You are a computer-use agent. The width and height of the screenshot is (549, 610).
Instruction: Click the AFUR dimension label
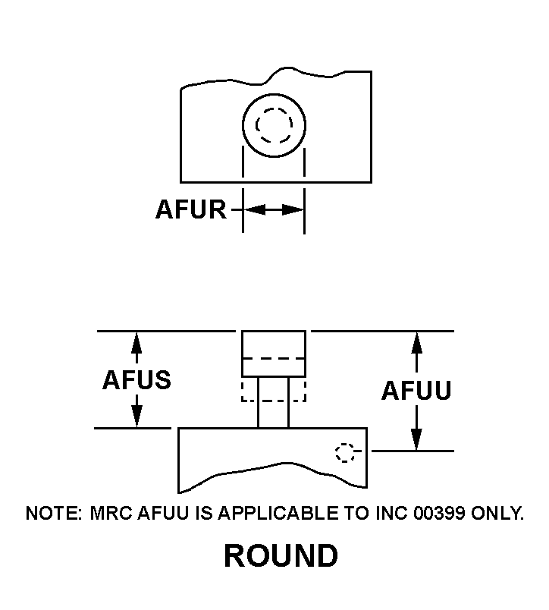pos(190,209)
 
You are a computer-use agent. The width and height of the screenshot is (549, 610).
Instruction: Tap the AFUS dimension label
pos(136,380)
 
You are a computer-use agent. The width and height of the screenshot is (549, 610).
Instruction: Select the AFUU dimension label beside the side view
pos(416,391)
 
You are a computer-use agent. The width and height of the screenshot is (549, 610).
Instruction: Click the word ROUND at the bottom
pos(281,557)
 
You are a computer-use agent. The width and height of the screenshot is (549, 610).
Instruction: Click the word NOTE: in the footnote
pos(54,514)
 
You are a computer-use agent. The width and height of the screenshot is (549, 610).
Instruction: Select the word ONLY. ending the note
pos(497,514)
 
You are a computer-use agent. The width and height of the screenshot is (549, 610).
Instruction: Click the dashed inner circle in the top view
pos(273,126)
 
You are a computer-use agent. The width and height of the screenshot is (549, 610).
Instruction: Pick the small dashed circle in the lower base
pos(345,453)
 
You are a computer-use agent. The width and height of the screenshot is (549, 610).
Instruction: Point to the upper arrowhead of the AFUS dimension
pos(136,340)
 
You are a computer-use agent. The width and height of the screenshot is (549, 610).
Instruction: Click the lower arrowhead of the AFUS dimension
pos(136,419)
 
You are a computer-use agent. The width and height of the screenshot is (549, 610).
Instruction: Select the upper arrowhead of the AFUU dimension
pos(416,340)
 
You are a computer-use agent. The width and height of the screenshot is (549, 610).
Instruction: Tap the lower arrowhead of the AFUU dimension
pos(416,442)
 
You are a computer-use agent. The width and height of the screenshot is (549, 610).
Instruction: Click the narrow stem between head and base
pos(273,402)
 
